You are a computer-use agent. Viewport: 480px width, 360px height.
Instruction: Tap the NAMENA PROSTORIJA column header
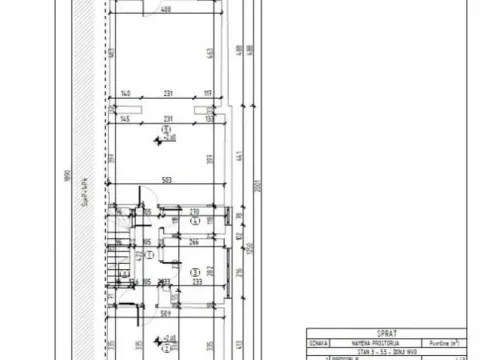pos(372,343)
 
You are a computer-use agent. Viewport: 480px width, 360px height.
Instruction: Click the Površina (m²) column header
pos(446,343)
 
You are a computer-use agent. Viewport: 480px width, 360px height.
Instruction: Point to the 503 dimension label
pos(168,181)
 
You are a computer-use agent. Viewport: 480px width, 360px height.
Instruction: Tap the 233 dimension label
pos(198,282)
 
